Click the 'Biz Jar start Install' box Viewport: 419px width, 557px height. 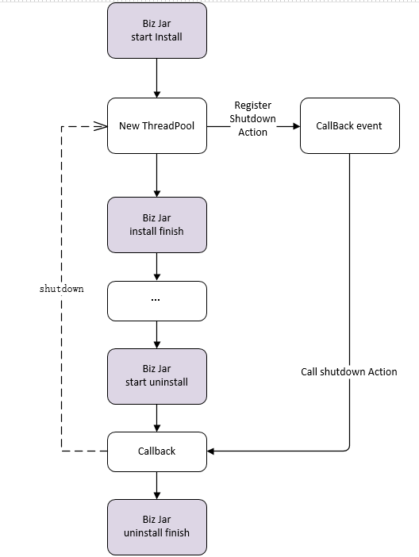pos(156,31)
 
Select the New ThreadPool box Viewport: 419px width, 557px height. pos(156,125)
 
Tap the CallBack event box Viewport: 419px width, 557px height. pos(350,125)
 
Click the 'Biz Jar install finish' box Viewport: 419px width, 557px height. pos(156,225)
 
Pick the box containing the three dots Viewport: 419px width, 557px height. pos(156,302)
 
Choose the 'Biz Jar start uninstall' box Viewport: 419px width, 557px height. pos(156,377)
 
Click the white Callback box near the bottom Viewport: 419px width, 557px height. pos(156,451)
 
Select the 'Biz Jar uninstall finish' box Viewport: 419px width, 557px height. pos(156,527)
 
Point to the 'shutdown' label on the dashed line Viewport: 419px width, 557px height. pos(61,289)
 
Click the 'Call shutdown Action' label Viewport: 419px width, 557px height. pos(349,371)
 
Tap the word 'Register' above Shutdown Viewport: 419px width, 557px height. pos(252,106)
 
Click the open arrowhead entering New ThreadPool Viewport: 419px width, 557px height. pos(101,126)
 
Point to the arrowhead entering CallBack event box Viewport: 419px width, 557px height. pos(296,126)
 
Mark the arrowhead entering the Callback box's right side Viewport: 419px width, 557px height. pos(210,451)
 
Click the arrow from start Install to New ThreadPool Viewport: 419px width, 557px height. pos(156,78)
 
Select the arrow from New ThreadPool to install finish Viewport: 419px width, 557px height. pos(156,175)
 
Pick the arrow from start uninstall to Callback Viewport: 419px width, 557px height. pos(156,418)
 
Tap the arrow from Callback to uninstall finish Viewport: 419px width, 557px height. pos(156,486)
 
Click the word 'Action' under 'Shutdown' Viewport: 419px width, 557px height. pos(252,133)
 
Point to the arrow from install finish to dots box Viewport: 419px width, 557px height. pos(156,267)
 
